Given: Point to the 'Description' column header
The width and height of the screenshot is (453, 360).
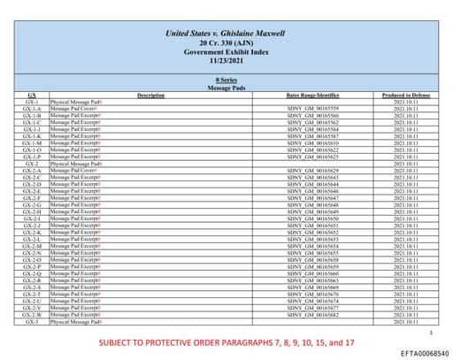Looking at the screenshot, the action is pos(151,95).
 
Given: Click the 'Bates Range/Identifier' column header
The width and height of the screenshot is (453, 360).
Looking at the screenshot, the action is pos(313,95).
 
